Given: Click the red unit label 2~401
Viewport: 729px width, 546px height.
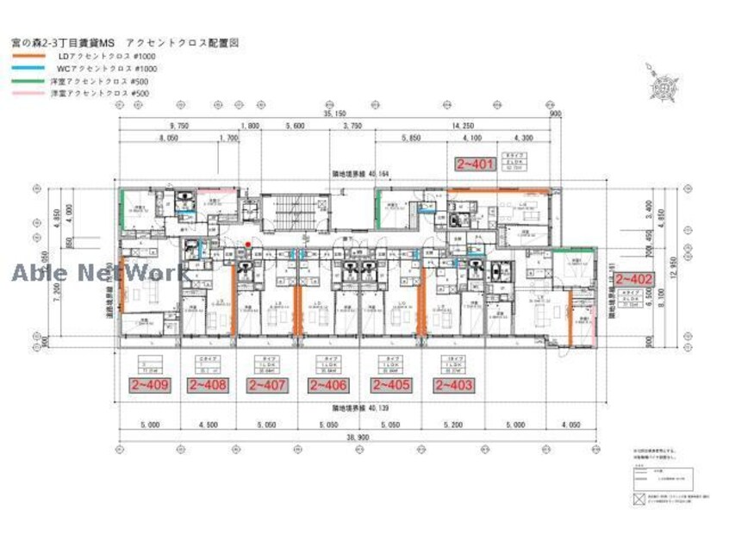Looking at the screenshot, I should pos(474,162).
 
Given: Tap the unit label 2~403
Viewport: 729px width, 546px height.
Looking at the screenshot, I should pos(453,385).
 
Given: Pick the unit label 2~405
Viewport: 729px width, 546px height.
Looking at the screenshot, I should pos(388,385).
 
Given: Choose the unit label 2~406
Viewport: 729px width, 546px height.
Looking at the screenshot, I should pos(328,385).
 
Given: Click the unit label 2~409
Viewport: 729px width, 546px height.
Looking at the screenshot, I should pos(150,385).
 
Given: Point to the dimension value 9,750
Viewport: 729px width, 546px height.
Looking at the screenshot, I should pos(169,125).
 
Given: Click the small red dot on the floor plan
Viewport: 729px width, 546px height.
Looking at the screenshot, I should pos(248,245).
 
